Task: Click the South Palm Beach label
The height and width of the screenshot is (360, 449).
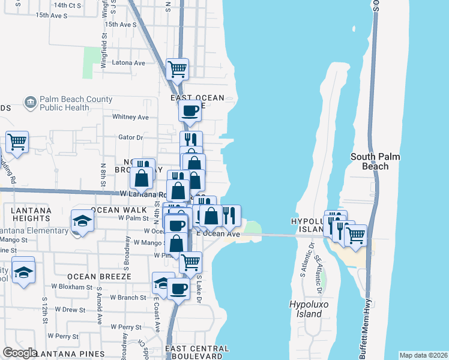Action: coord(375,161)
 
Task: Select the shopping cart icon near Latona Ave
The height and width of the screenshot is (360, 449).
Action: coord(177,69)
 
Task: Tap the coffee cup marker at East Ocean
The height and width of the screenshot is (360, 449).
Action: coord(190,110)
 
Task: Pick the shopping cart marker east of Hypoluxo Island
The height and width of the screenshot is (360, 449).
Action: coord(356,235)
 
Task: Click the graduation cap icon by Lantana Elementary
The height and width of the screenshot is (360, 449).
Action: coord(82,221)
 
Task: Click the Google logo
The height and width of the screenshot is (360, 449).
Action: coord(20,353)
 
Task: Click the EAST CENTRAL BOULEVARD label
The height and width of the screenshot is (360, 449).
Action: coord(197,352)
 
